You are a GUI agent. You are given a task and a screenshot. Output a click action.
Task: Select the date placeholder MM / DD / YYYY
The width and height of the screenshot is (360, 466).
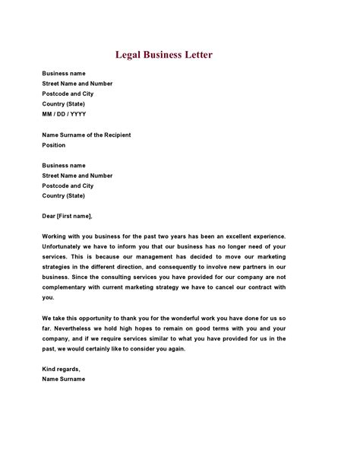[x=64, y=114]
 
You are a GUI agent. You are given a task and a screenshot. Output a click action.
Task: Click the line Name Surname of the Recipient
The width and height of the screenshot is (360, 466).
[x=87, y=135]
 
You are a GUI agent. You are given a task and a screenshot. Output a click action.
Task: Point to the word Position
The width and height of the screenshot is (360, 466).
[x=54, y=144]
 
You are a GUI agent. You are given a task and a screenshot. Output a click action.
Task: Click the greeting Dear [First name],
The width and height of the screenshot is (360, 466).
[x=68, y=216]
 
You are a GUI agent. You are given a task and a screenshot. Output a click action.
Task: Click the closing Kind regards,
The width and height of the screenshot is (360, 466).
[x=61, y=369]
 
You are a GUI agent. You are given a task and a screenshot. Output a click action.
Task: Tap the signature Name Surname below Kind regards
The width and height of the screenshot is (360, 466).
[x=64, y=379]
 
